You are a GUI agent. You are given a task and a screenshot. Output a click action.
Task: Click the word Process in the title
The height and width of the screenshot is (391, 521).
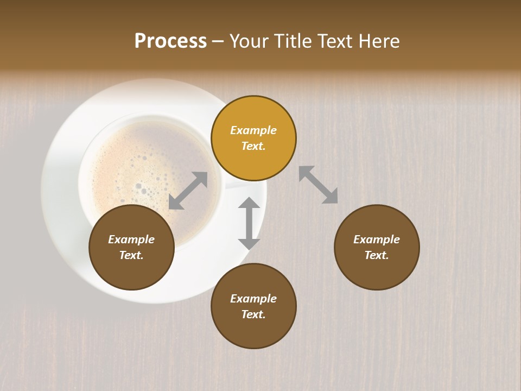(x=170, y=41)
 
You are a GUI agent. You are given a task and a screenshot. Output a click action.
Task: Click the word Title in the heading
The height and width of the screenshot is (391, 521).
(x=293, y=41)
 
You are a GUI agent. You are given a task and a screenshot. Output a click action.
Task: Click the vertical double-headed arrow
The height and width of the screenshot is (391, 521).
(x=249, y=223)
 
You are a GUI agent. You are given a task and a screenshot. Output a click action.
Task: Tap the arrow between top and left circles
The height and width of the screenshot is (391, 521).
(x=188, y=191)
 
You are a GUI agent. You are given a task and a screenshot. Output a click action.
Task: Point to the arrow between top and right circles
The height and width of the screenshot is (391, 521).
(x=319, y=185)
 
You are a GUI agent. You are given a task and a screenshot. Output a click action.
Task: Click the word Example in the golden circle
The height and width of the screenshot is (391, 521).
(x=253, y=130)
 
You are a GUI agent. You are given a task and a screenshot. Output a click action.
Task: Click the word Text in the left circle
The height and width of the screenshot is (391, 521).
(x=131, y=255)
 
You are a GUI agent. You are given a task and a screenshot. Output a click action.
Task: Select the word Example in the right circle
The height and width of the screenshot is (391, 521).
(x=377, y=239)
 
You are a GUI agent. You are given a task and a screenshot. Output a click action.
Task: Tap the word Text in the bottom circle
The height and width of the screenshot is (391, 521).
(x=253, y=314)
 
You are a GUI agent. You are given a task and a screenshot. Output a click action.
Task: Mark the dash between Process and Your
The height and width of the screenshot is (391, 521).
(x=218, y=41)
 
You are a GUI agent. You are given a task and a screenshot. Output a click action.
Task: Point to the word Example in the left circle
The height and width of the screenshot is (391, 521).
(x=131, y=239)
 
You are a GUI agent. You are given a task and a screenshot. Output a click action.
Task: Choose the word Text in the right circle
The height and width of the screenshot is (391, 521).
(x=377, y=255)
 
